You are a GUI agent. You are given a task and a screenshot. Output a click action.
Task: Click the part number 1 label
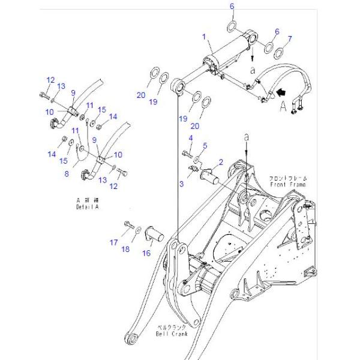pyautogui.click(x=204, y=37)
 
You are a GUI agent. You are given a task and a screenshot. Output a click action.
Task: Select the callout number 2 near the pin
pyautogui.click(x=221, y=162)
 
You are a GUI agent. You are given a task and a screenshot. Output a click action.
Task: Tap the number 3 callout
pyautogui.click(x=181, y=184)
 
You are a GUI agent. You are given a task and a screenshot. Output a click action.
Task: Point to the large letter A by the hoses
pyautogui.click(x=282, y=107)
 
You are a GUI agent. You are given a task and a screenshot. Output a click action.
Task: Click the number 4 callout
pyautogui.click(x=191, y=140)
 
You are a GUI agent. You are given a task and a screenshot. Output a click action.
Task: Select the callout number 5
pyautogui.click(x=205, y=145)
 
